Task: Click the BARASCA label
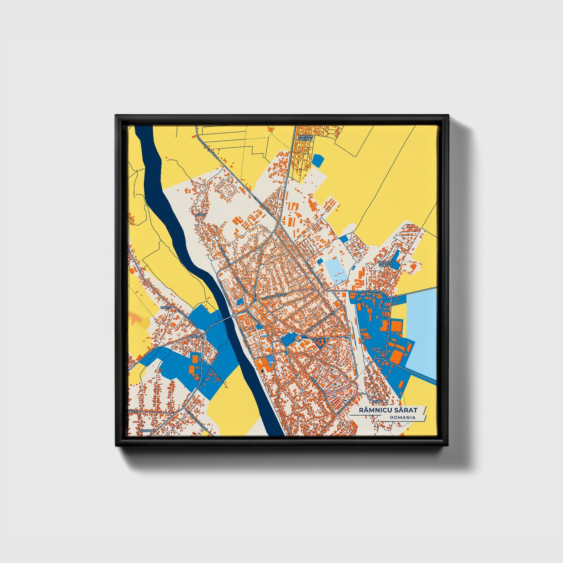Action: (x=195, y=336)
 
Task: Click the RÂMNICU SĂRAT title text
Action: (x=387, y=410)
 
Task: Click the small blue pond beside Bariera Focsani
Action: (x=318, y=160)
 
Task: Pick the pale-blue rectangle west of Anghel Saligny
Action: (x=336, y=269)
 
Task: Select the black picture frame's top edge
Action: (x=281, y=118)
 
